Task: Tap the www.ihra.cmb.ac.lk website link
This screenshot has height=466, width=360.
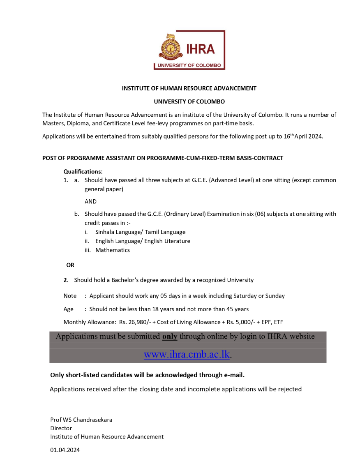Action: tap(187, 355)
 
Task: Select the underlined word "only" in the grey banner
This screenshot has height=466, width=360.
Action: tap(170, 337)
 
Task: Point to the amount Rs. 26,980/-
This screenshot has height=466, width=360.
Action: tap(135, 322)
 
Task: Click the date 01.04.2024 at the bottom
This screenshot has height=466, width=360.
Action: tap(65, 450)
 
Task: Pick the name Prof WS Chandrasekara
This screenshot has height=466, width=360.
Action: tap(81, 420)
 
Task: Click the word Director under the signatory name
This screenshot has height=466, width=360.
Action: tap(61, 428)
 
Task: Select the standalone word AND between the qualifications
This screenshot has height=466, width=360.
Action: tap(90, 201)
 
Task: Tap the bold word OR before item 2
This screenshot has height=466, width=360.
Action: tap(70, 265)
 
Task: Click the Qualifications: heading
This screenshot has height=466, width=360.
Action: tap(83, 171)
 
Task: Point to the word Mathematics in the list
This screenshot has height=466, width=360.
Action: tap(113, 250)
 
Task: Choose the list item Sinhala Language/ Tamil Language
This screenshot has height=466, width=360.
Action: tap(140, 232)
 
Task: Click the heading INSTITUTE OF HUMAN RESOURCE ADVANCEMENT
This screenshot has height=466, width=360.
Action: tap(189, 88)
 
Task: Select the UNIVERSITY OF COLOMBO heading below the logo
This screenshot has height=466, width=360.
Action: tap(189, 101)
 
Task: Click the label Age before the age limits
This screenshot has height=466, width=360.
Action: tap(68, 309)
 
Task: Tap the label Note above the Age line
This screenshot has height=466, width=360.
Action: tap(70, 296)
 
